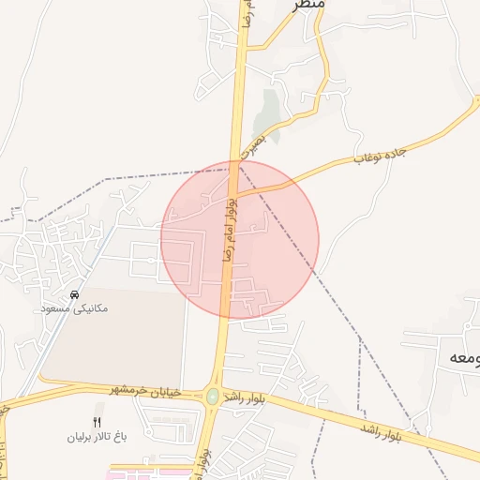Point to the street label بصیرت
point(253,141)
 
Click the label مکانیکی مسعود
point(76,307)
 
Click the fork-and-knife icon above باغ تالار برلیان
point(97,422)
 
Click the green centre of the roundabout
point(213,397)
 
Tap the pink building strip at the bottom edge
point(141,473)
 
